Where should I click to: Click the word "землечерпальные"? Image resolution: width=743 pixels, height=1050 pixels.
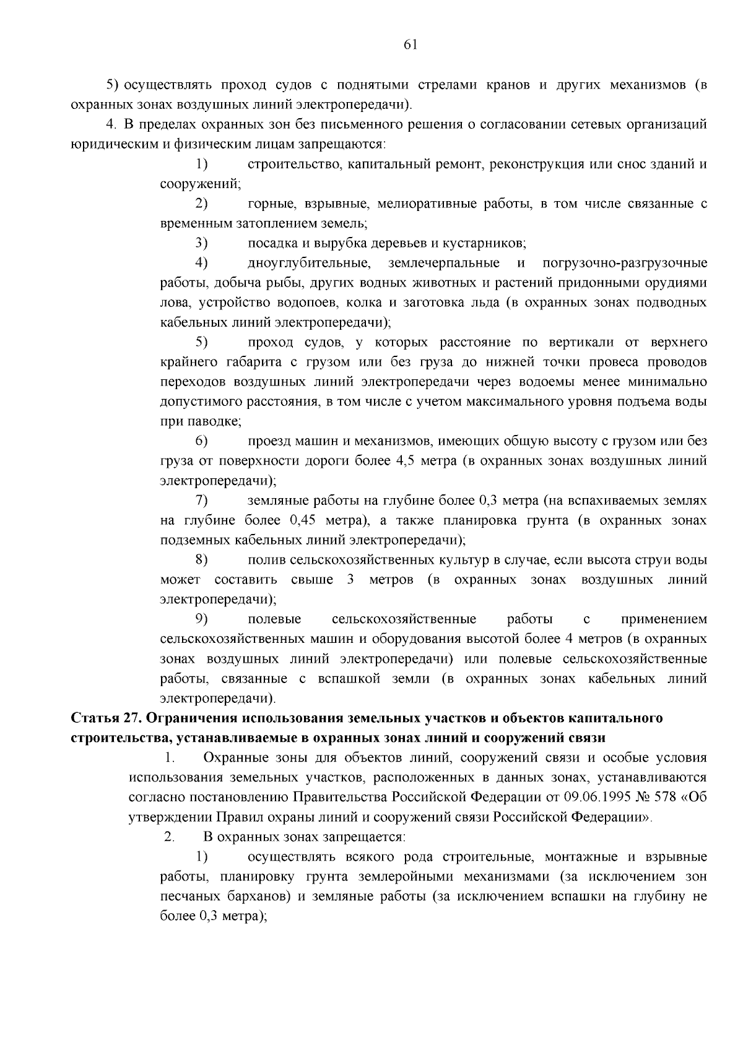point(444,263)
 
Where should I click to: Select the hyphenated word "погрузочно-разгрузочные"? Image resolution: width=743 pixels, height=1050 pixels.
point(624,263)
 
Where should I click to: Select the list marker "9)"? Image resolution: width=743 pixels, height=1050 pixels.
point(201,619)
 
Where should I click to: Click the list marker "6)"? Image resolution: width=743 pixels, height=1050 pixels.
point(201,441)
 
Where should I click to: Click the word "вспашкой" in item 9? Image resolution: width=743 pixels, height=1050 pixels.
point(344,678)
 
